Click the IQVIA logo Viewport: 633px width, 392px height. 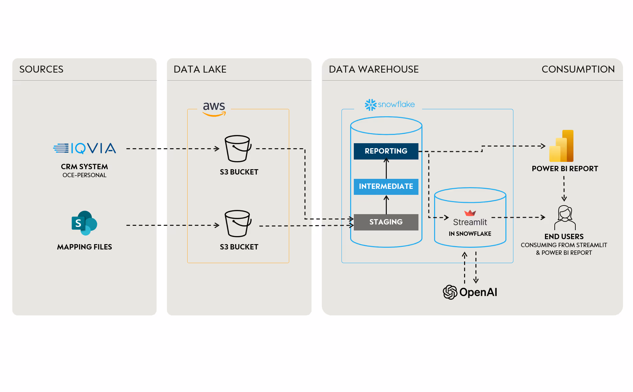(85, 148)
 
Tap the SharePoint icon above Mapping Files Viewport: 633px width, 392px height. (84, 223)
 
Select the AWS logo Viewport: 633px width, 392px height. (214, 109)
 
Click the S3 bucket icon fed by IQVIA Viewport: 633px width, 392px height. (238, 149)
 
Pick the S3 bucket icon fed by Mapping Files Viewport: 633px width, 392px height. (238, 223)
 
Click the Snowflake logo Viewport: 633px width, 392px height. (389, 105)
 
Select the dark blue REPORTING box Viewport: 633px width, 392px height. (386, 151)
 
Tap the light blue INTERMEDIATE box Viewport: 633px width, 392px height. (386, 187)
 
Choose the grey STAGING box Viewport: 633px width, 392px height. (386, 222)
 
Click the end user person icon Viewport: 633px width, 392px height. (565, 217)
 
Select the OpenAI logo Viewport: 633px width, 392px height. (470, 292)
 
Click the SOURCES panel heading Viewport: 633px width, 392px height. (41, 69)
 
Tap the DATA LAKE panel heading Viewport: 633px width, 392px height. (200, 69)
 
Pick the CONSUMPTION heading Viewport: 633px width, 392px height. (578, 69)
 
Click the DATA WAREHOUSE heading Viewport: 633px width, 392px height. (373, 69)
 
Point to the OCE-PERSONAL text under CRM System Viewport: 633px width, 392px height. (84, 175)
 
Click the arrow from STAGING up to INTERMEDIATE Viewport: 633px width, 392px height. (386, 204)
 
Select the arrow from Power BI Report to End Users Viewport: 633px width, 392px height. (564, 189)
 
